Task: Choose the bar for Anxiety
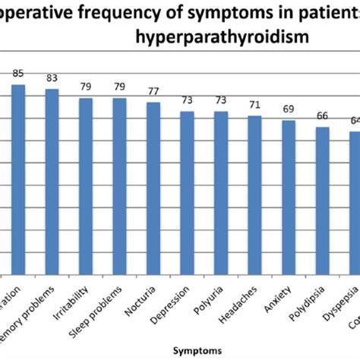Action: pyautogui.click(x=289, y=197)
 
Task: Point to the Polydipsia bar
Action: pyautogui.click(x=323, y=201)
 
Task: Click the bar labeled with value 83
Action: pyautogui.click(x=52, y=182)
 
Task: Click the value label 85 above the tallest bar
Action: pyautogui.click(x=17, y=74)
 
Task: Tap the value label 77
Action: pyautogui.click(x=153, y=91)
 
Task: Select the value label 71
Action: pyautogui.click(x=254, y=105)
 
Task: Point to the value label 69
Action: pyautogui.click(x=289, y=109)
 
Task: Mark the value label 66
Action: pyautogui.click(x=323, y=116)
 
